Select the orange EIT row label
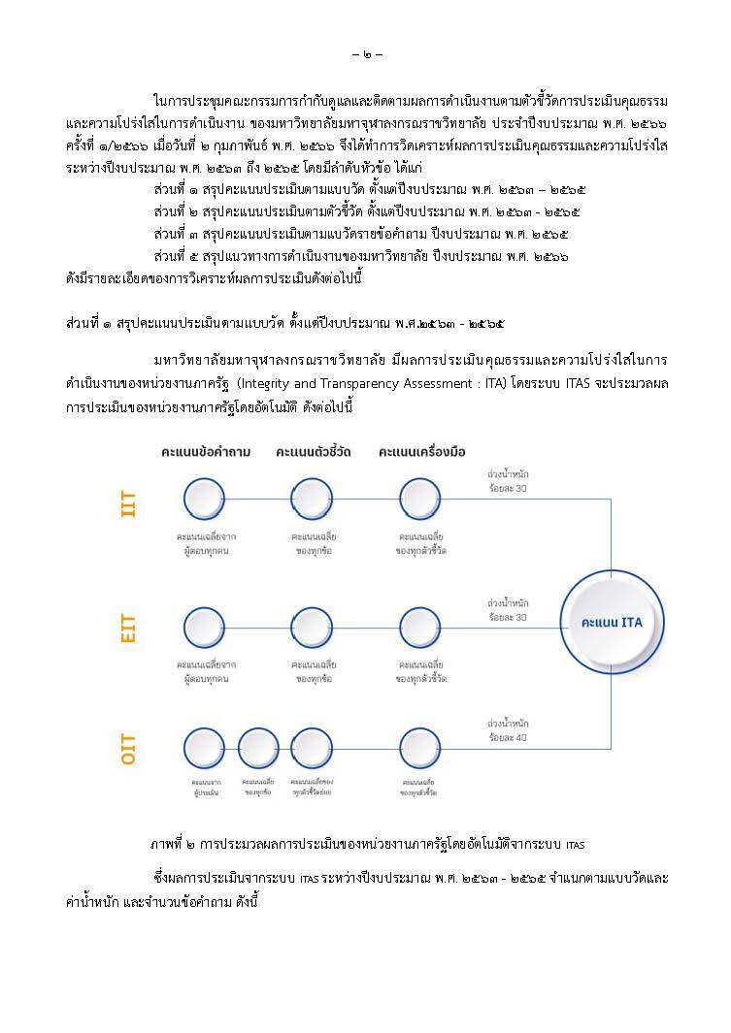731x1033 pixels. pyautogui.click(x=128, y=628)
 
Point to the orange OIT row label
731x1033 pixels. pyautogui.click(x=128, y=751)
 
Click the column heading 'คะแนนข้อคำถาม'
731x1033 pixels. pyautogui.click(x=205, y=451)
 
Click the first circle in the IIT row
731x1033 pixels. pyautogui.click(x=204, y=499)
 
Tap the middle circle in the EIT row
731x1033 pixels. pyautogui.click(x=312, y=628)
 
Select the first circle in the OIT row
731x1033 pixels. pyautogui.click(x=204, y=749)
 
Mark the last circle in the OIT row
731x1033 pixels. pyautogui.click(x=419, y=749)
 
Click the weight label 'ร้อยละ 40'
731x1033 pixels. pyautogui.click(x=509, y=737)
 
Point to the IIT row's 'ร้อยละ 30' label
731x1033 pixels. pyautogui.click(x=509, y=489)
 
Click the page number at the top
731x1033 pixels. pyautogui.click(x=366, y=53)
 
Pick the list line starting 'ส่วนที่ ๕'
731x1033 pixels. pyautogui.click(x=360, y=256)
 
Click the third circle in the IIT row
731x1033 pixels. pyautogui.click(x=419, y=499)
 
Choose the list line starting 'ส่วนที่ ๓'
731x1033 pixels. pyautogui.click(x=360, y=234)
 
